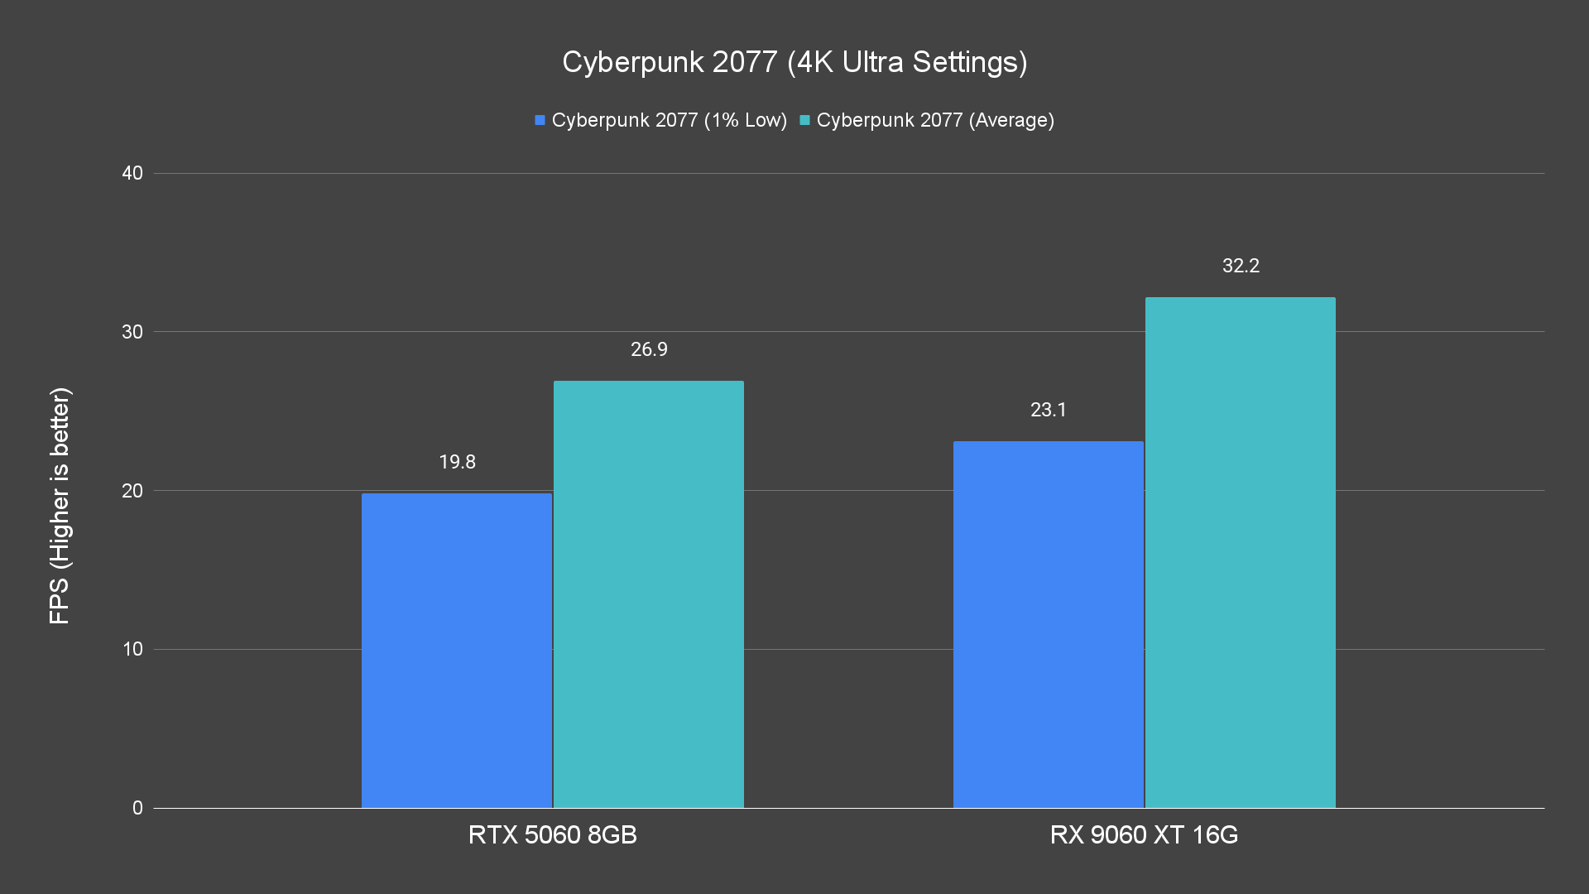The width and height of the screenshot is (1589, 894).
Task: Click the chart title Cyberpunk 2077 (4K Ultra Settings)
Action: tap(794, 62)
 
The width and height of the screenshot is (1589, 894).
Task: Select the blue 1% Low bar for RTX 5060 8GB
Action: tap(457, 651)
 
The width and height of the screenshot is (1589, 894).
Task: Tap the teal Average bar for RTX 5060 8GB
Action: tap(649, 594)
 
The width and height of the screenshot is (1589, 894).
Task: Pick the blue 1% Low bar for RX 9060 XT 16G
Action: tap(1048, 625)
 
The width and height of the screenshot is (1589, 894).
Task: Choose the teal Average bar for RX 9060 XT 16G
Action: tap(1240, 553)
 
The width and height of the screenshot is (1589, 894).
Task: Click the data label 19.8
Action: tap(457, 462)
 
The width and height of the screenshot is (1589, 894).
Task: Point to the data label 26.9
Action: tap(649, 349)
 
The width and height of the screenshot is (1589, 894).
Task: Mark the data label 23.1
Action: tap(1048, 410)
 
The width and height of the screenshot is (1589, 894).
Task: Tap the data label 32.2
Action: tap(1241, 266)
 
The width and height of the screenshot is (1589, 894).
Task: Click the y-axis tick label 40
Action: tap(132, 173)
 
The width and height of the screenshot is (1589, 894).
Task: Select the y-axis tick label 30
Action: tap(132, 332)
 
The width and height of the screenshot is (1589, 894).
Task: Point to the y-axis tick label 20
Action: tap(132, 491)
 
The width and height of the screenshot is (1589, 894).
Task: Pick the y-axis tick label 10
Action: tap(132, 649)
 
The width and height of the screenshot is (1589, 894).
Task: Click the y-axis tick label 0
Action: tap(137, 808)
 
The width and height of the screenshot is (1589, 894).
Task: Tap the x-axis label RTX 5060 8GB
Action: tap(552, 834)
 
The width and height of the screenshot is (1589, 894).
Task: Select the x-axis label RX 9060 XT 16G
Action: tap(1144, 834)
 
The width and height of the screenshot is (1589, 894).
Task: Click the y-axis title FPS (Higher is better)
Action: tap(60, 505)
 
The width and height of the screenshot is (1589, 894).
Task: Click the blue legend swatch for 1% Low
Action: tap(540, 120)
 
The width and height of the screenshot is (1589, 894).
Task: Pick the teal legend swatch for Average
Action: tap(804, 120)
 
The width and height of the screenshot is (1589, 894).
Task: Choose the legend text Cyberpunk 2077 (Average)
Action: tap(935, 120)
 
